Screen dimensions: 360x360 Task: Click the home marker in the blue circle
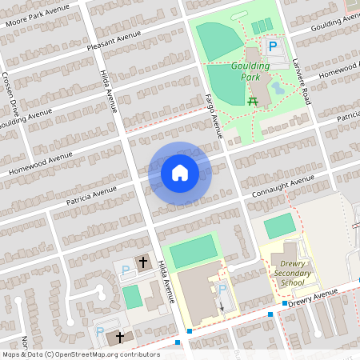tap(179, 173)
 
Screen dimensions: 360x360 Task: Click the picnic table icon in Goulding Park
tap(253, 100)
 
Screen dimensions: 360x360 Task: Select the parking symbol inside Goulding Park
tap(272, 47)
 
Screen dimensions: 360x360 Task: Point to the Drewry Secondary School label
tap(287, 272)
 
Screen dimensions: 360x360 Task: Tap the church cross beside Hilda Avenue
tap(143, 262)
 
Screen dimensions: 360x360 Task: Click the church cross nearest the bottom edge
tap(120, 337)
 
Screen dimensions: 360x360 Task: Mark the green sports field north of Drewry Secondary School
tap(279, 226)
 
